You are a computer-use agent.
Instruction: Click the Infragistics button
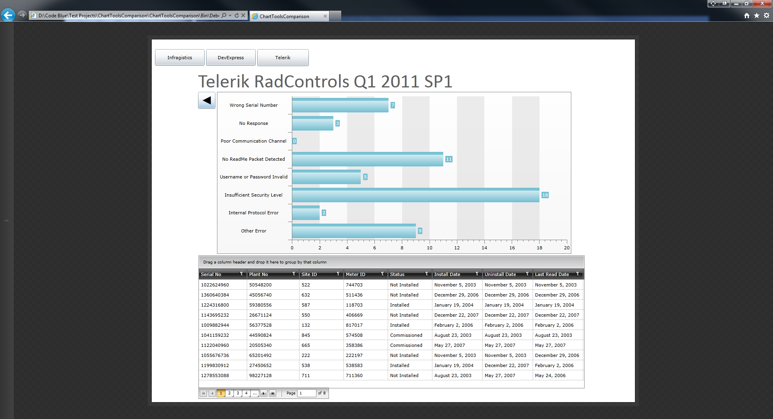click(180, 58)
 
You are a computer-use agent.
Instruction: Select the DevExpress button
click(231, 58)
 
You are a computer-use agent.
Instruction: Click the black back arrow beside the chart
click(207, 100)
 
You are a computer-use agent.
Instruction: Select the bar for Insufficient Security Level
click(415, 195)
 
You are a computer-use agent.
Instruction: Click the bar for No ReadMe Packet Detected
click(367, 160)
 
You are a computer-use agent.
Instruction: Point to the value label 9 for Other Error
click(420, 231)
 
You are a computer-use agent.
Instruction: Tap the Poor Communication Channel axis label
click(253, 141)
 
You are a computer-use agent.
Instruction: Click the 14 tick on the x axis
click(484, 248)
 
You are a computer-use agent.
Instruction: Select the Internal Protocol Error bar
click(306, 213)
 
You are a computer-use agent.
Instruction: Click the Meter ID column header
click(355, 274)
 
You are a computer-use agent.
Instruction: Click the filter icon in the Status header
click(427, 274)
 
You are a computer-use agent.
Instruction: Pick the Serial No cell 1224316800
click(215, 305)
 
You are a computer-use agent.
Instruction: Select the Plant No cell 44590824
click(260, 335)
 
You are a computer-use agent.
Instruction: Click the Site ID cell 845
click(306, 335)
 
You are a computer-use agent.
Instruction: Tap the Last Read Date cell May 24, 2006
click(550, 375)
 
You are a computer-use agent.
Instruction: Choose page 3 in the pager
click(238, 393)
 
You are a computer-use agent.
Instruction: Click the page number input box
click(306, 393)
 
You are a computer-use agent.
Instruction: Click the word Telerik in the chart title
click(224, 82)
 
